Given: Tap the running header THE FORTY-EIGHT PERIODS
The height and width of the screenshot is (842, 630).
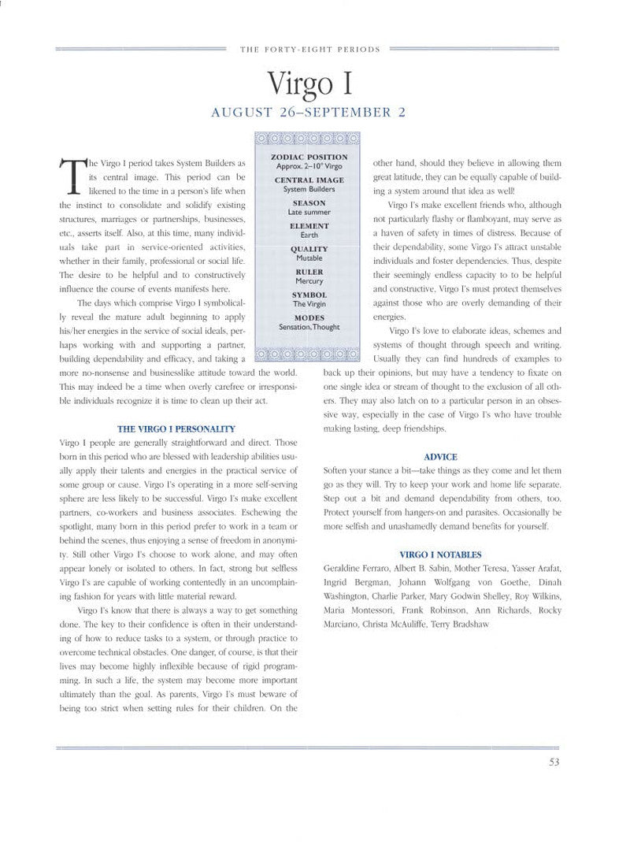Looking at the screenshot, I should pos(309,49).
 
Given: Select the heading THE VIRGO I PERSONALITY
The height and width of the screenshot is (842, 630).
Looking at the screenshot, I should pos(176,428).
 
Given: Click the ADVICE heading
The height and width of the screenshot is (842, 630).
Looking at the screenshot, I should pos(440,457).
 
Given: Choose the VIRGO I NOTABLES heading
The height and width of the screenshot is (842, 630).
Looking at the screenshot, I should pos(440,555).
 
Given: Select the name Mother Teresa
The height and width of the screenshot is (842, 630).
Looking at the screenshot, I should pos(481,568).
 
